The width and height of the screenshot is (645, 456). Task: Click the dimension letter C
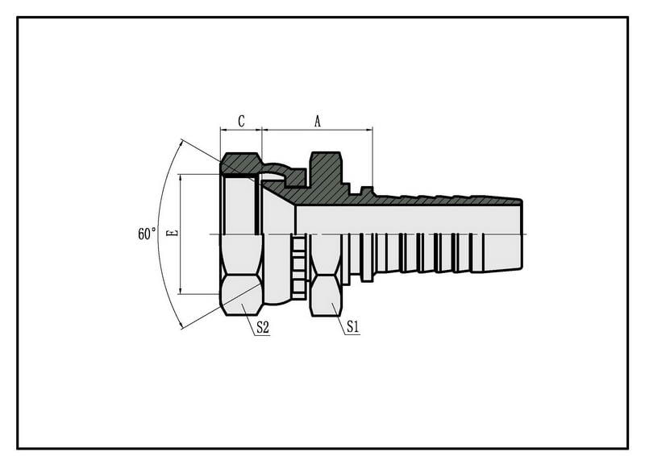click(241, 121)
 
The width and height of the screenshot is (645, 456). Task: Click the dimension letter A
click(317, 122)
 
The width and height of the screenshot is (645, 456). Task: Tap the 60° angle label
click(147, 234)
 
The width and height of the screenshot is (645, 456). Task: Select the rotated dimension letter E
click(173, 233)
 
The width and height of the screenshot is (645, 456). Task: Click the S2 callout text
click(263, 328)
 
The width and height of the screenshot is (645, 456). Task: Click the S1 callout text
click(353, 327)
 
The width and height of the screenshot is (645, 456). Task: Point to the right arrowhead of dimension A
click(369, 130)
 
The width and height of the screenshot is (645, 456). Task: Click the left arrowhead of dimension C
click(224, 130)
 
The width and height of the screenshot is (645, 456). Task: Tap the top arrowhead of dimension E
click(181, 178)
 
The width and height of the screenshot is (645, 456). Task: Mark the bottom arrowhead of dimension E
click(181, 290)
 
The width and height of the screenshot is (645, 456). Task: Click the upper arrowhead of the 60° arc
click(180, 144)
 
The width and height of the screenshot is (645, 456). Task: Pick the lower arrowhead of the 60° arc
click(180, 324)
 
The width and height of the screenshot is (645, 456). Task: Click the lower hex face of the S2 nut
click(241, 295)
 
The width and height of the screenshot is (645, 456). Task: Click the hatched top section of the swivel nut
click(240, 164)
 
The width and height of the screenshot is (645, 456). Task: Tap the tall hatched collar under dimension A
click(326, 168)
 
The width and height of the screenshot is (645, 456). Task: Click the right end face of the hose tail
click(522, 234)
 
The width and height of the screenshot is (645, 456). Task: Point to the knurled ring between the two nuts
click(299, 267)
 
